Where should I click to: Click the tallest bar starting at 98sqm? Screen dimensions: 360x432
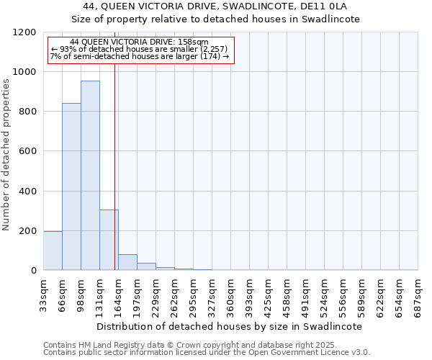[90, 176]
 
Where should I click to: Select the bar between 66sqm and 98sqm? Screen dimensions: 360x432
[71, 186]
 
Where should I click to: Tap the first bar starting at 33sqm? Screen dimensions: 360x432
[53, 251]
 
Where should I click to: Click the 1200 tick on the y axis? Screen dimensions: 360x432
[25, 32]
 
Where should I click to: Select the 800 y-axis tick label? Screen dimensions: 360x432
[27, 112]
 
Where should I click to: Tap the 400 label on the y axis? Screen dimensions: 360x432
[27, 192]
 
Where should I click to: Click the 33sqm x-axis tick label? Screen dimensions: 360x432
[44, 292]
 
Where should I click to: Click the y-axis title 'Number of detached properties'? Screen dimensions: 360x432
[7, 155]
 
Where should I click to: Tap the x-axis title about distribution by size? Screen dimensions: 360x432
[230, 326]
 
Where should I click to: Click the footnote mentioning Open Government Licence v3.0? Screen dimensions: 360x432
[207, 353]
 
